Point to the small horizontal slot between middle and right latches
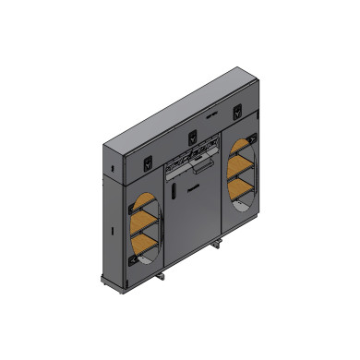pos(211,118)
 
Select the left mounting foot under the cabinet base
pos(162,276)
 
